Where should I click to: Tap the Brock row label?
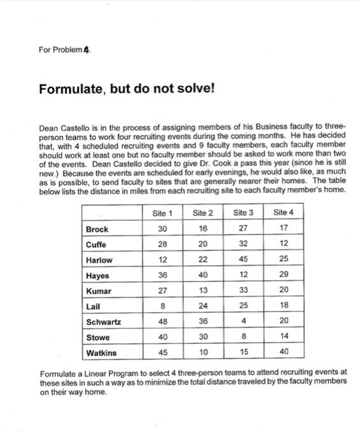click(x=97, y=229)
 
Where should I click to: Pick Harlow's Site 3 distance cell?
click(x=243, y=259)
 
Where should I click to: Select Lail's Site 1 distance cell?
click(x=163, y=306)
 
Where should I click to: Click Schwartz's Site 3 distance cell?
click(x=243, y=321)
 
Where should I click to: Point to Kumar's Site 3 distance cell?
click(x=243, y=291)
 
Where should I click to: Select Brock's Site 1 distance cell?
click(x=163, y=229)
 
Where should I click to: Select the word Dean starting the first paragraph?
click(x=48, y=127)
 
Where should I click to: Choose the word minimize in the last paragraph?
click(x=182, y=381)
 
